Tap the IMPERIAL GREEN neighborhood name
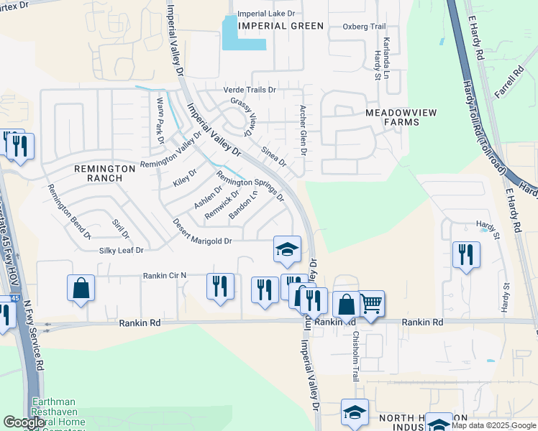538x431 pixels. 281,26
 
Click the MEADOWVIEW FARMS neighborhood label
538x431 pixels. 392,117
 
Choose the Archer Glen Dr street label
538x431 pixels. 303,131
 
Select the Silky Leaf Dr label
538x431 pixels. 122,251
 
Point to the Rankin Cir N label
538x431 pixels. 165,275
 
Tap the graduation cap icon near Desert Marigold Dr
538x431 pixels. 287,249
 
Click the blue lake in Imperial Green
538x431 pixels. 243,34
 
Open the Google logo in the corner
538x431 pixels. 24,422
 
